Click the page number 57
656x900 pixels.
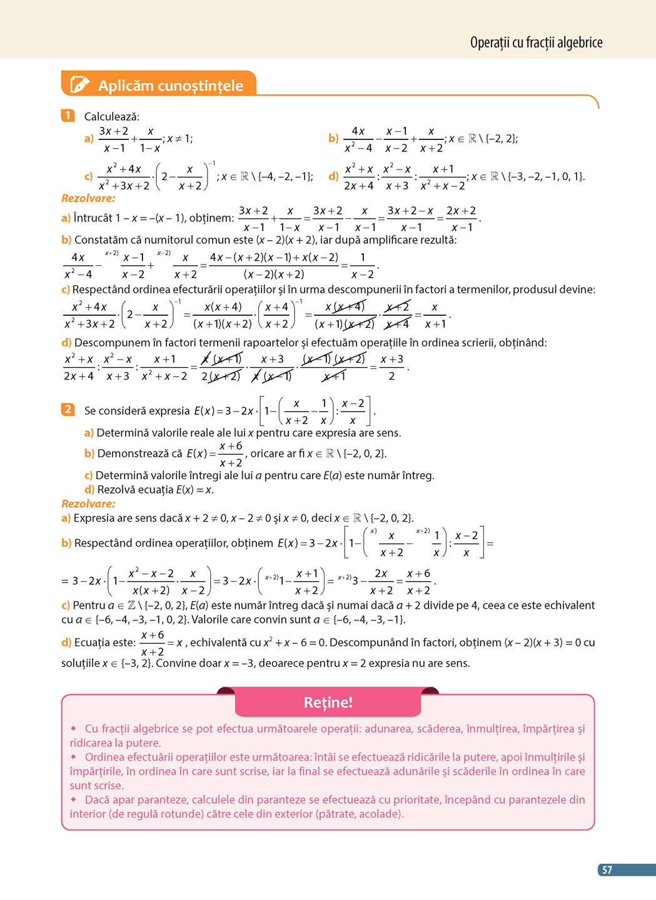click(x=607, y=870)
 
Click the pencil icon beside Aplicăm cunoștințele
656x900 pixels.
click(x=80, y=84)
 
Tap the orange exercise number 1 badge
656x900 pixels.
click(x=68, y=116)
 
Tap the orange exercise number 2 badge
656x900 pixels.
click(x=68, y=410)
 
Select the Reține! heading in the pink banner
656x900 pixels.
click(x=328, y=702)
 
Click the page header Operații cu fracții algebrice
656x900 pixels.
click(x=536, y=43)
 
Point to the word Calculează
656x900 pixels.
click(x=112, y=116)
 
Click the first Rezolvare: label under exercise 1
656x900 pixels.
click(x=88, y=198)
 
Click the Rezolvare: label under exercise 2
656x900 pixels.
click(x=88, y=503)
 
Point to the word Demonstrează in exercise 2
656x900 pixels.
click(x=134, y=453)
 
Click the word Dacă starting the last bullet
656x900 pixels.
click(x=97, y=800)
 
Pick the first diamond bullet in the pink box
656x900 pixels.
click(x=74, y=729)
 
